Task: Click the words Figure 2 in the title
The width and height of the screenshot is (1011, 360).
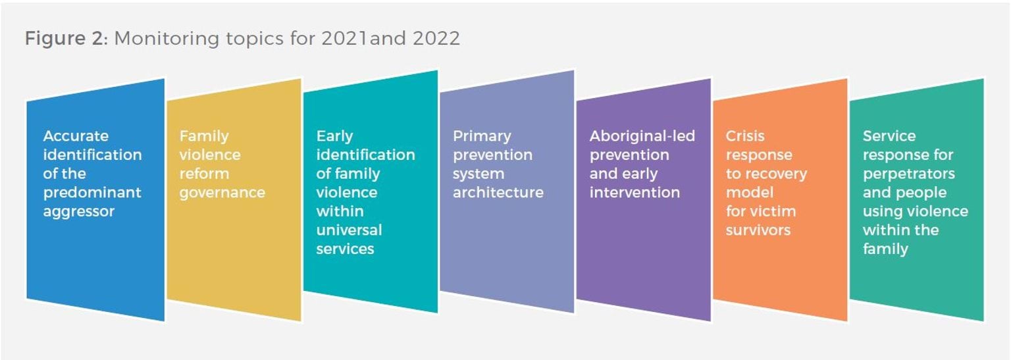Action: point(65,38)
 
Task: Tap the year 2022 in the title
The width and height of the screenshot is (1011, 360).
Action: point(436,38)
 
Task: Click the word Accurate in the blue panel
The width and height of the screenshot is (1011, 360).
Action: point(76,136)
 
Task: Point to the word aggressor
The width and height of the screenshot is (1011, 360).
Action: point(79,212)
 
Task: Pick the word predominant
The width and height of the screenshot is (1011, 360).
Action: point(92,193)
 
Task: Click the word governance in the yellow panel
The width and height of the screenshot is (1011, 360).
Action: point(222,193)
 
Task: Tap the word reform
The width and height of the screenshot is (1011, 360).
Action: point(204,174)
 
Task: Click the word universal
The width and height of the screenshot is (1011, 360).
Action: point(349,230)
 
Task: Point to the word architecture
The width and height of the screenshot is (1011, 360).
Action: point(498,193)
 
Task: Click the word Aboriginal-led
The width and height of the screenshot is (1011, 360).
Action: point(642,136)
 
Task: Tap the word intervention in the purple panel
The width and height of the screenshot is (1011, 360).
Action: point(635,193)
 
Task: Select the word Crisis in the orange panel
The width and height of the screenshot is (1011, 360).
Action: point(745,136)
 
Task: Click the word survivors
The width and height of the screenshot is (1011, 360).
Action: point(758,230)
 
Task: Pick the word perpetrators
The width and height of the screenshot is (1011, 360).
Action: point(909,174)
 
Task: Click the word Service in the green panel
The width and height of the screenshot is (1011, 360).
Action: point(889,136)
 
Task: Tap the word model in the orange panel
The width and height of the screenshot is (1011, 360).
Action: point(750,193)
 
